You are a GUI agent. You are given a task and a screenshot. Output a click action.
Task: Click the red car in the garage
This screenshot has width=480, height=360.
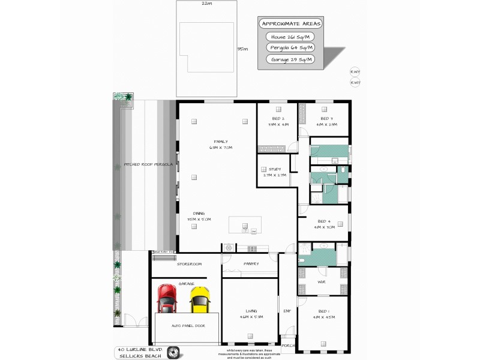pos(167,298)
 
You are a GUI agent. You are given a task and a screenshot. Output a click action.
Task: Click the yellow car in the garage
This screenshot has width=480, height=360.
pos(200,299)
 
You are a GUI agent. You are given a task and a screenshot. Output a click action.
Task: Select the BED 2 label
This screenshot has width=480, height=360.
pos(278,118)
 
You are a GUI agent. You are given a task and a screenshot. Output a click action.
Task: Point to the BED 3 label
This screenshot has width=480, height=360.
pos(326,118)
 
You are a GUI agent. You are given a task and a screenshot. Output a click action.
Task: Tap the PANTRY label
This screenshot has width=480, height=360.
pos(251,263)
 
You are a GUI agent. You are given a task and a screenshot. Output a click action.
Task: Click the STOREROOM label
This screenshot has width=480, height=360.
pos(189,263)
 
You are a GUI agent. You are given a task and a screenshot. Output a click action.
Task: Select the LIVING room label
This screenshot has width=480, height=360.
pos(251,310)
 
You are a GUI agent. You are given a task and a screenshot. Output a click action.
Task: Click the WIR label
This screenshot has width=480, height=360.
pos(321,281)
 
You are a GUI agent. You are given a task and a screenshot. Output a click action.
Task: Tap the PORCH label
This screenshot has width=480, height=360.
pos(289,346)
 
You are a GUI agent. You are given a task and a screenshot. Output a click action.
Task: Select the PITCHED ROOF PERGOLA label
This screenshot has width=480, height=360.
pos(148,164)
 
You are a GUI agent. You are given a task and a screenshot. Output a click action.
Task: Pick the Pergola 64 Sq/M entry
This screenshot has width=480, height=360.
pos(292,48)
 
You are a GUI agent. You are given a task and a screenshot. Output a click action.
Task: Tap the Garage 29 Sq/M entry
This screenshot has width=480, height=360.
pos(292,59)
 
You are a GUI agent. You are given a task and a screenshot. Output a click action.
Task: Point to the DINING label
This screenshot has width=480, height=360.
pos(199,213)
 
